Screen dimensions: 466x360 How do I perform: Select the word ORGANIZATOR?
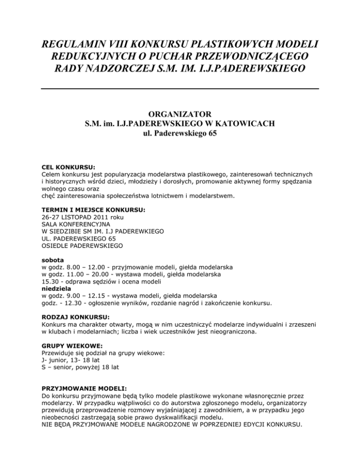(180, 114)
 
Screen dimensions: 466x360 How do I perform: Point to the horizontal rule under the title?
(180, 88)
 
